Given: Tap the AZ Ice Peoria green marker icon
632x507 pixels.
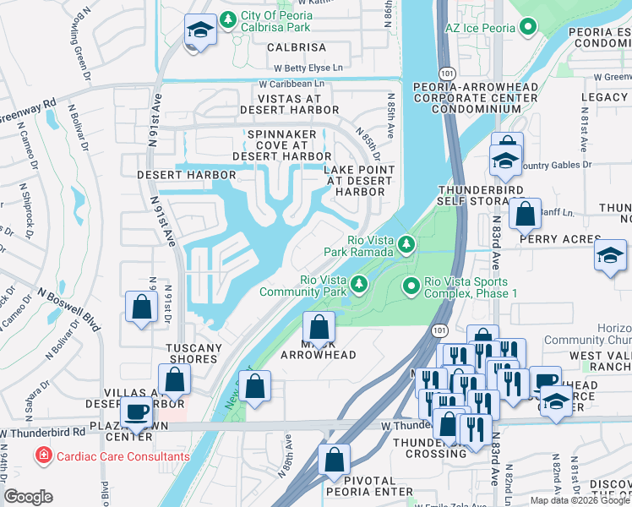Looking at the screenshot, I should (528, 27).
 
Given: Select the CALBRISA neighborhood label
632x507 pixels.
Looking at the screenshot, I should (297, 48).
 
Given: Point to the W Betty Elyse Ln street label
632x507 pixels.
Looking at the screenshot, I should (301, 68).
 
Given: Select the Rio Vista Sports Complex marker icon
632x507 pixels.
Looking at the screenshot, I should (411, 287).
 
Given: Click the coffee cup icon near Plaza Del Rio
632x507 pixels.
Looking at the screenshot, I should (136, 412).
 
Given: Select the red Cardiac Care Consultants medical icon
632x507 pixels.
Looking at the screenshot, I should (41, 456).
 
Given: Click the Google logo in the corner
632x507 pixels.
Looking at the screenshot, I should (28, 497).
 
